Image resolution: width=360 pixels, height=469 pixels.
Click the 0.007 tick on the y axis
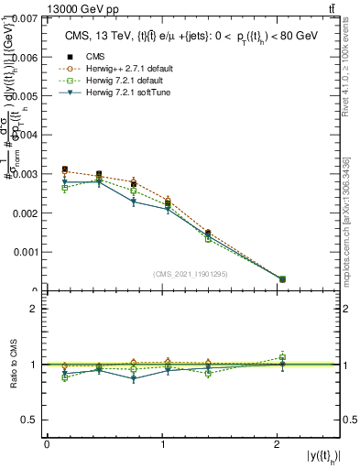26,18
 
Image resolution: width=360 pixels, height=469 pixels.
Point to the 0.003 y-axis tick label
26,173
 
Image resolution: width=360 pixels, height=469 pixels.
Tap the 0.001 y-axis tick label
26,251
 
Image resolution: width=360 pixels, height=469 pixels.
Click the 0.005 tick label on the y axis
26,95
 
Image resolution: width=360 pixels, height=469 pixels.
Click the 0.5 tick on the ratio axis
33,420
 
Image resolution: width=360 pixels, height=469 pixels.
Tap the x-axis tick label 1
163,443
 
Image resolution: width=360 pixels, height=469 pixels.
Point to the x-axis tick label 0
47,443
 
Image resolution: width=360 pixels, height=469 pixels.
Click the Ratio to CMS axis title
15,365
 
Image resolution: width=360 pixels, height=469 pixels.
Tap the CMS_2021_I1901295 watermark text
191,274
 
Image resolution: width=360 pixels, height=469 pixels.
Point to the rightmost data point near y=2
282,278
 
